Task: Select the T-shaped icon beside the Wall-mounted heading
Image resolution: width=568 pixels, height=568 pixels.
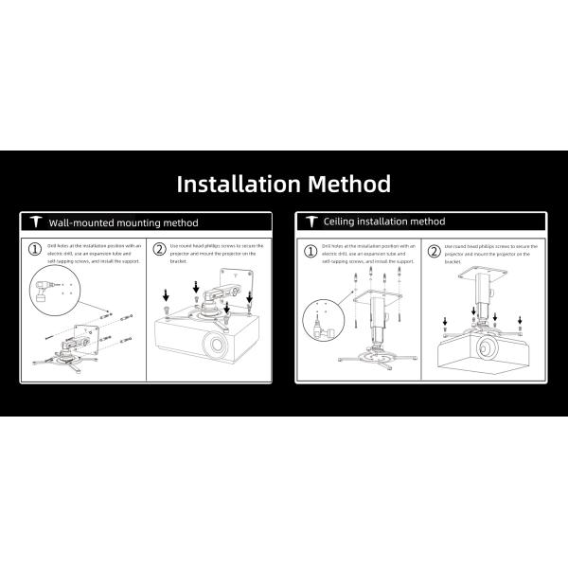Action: (x=34, y=223)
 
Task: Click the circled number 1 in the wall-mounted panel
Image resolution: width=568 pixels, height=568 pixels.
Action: (x=34, y=251)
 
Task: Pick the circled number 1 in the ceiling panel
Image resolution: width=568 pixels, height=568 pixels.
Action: (x=310, y=251)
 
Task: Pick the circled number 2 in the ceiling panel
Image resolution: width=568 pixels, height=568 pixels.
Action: (x=434, y=251)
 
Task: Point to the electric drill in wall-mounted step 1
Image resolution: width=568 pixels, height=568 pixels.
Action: (x=44, y=288)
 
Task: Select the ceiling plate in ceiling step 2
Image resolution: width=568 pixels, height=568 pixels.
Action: (x=489, y=275)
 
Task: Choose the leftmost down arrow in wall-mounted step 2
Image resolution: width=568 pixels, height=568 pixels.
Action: (x=167, y=295)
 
